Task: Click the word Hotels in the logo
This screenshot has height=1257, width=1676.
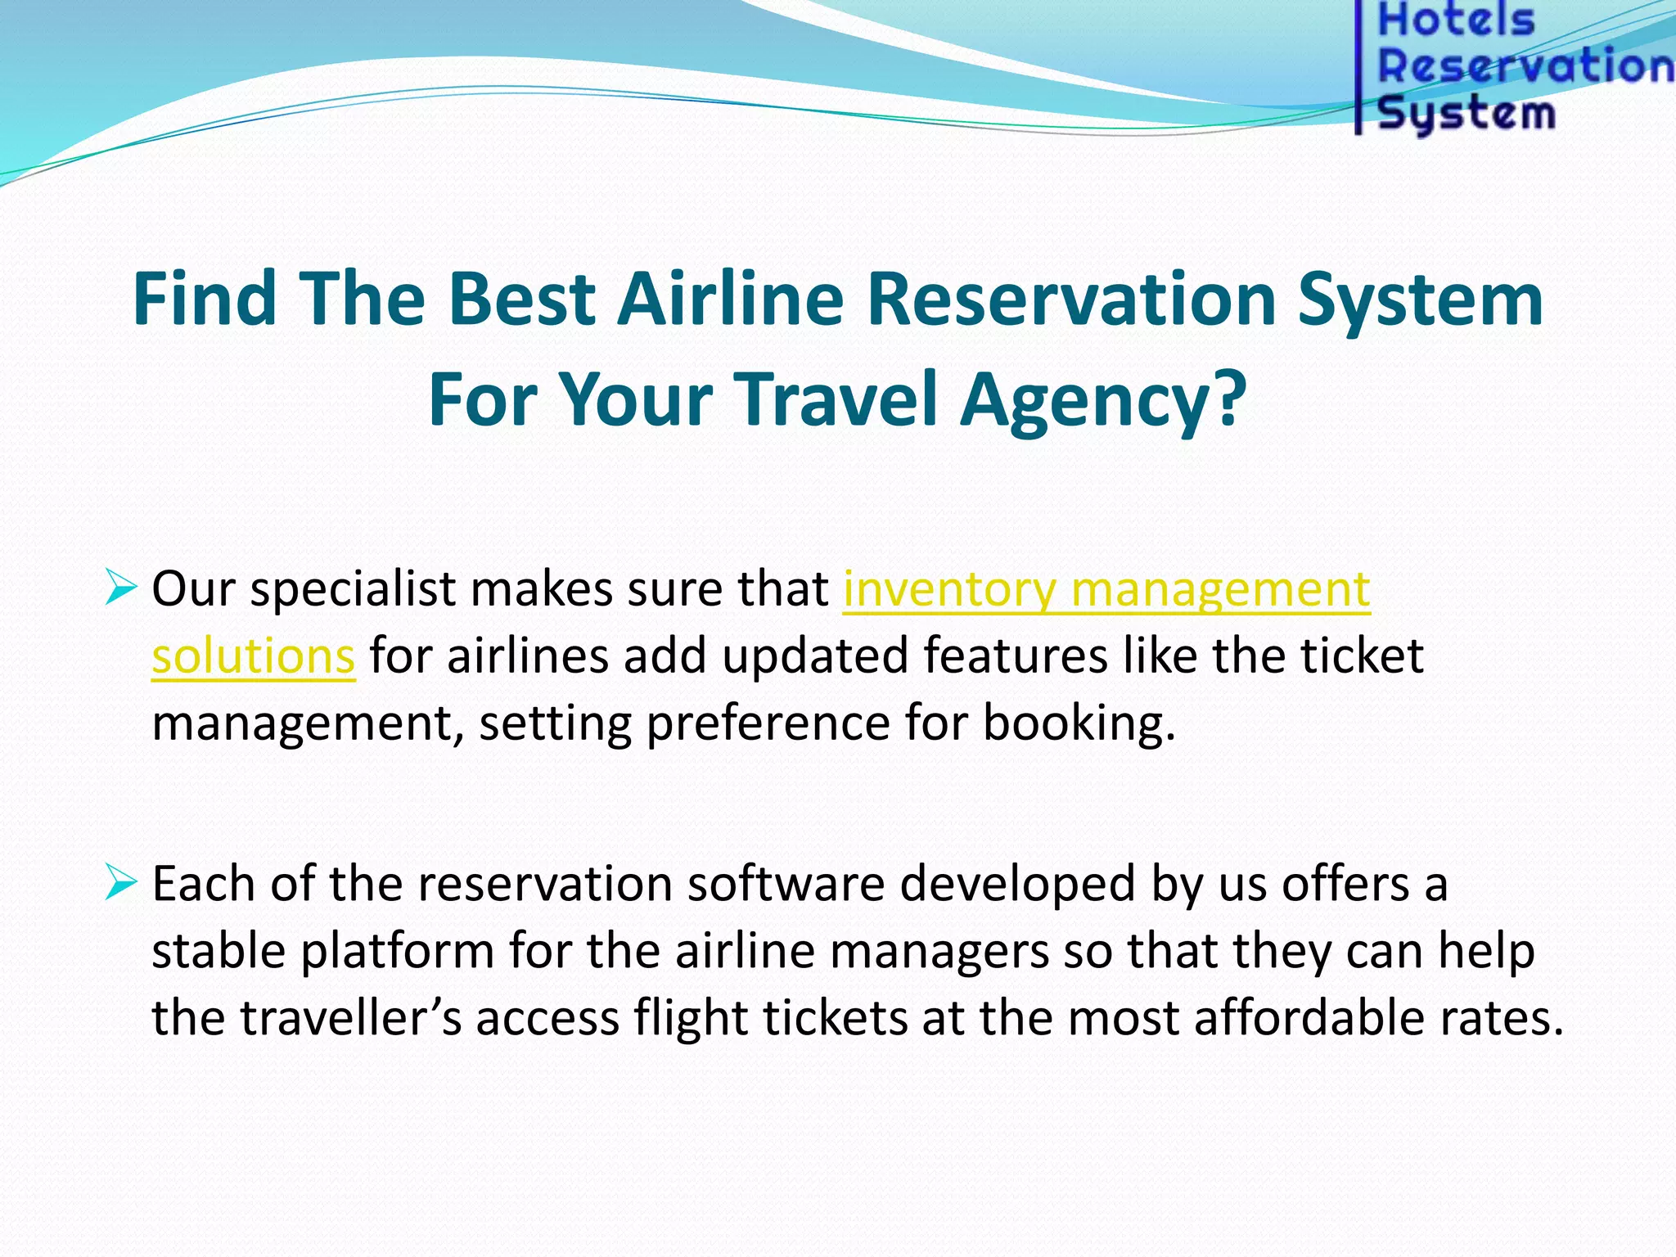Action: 1456,20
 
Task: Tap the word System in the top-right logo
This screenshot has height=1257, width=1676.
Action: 1466,112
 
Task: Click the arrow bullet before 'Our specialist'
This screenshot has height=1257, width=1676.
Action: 120,588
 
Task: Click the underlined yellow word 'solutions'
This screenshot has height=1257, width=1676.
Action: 253,656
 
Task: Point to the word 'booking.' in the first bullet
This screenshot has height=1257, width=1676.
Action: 1079,723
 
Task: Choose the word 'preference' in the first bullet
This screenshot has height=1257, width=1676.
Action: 768,723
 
